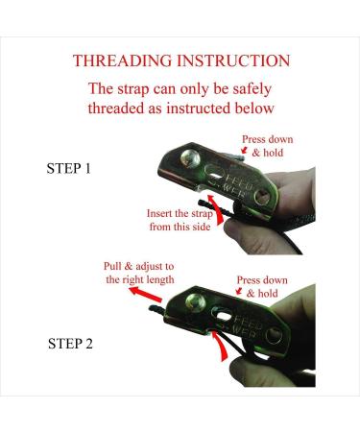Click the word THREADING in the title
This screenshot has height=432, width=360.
123,60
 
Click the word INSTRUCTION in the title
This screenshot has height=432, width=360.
233,60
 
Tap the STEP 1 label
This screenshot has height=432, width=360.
69,168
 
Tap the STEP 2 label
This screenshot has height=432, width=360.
70,344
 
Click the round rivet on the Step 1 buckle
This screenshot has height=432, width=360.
190,158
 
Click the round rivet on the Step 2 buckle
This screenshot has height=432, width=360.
195,302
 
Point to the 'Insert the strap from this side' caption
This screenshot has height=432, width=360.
180,220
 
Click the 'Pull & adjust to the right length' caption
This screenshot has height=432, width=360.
139,273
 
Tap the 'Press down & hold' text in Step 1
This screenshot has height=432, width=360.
268,146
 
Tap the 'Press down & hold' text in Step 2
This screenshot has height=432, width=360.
262,287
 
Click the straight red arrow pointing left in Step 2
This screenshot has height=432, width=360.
146,295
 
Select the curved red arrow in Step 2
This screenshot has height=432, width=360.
221,346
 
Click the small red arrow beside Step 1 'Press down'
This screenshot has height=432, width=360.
245,150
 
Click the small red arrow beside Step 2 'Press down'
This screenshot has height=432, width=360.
239,291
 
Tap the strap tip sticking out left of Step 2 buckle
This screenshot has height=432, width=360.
156,309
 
